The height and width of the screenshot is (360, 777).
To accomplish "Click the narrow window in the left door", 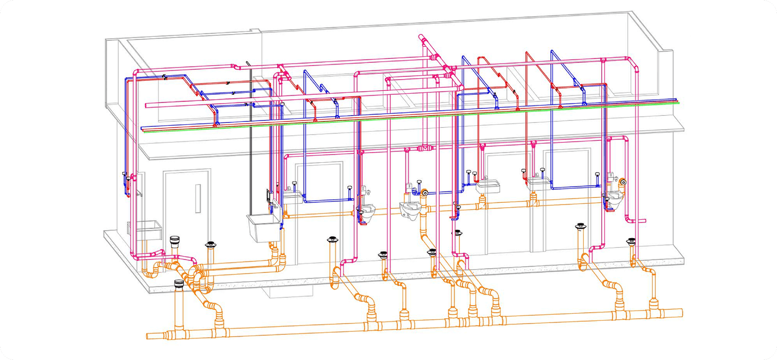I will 198,198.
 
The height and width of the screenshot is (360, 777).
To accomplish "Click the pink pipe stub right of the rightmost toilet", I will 641,221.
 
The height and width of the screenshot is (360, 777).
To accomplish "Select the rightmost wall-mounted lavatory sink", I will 539,183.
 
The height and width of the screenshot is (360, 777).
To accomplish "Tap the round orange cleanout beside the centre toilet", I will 425,192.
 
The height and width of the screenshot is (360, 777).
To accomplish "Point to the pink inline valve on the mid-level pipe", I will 425,147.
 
